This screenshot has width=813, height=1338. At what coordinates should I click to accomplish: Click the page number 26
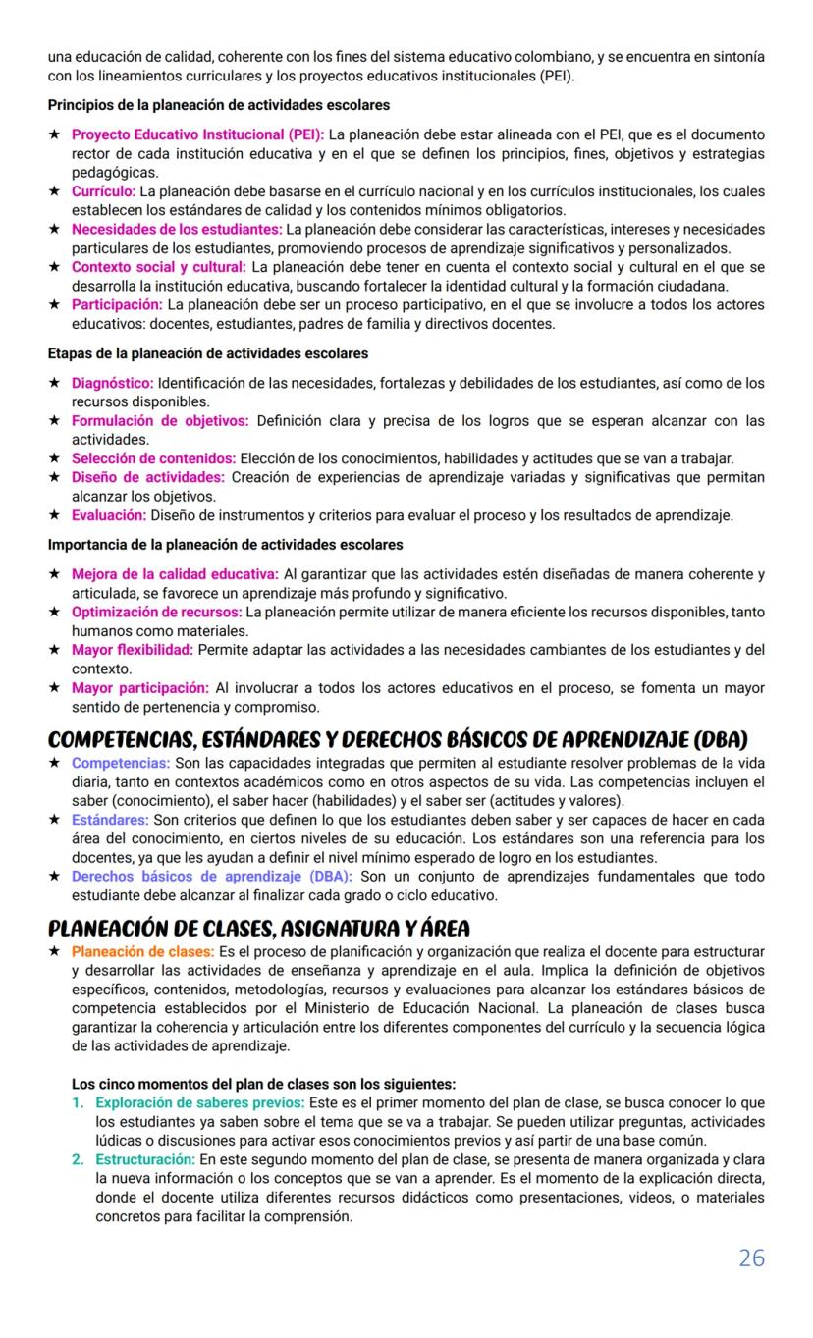click(x=751, y=1258)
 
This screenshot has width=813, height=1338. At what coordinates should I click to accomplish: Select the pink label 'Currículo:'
click(x=103, y=191)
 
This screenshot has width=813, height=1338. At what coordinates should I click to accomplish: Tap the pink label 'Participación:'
click(x=116, y=304)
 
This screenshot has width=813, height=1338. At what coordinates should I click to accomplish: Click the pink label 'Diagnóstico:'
click(x=112, y=383)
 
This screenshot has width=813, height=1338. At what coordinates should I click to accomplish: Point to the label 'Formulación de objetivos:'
click(x=160, y=420)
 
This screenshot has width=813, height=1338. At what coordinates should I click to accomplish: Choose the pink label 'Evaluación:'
click(x=109, y=514)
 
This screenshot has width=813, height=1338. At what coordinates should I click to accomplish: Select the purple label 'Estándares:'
click(x=110, y=819)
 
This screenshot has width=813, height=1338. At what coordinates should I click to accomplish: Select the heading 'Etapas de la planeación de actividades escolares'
click(x=208, y=353)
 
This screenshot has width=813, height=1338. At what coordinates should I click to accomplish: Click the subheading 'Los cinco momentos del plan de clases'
click(x=263, y=1084)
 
